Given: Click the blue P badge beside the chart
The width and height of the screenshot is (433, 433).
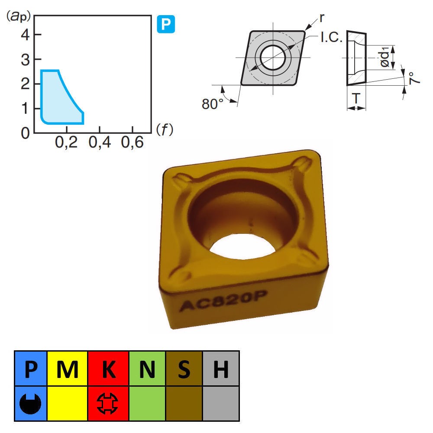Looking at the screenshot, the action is pos(166,24).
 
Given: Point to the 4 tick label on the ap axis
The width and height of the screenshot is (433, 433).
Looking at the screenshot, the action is pos(26,35).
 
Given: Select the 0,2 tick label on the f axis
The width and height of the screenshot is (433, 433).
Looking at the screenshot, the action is pos(66,142).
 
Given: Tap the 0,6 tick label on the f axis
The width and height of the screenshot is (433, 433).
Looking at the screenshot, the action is pos(132,142).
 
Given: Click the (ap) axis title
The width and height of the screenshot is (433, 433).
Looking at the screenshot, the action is pos(18,16).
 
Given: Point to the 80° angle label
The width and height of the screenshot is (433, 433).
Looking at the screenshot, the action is pos(212,104).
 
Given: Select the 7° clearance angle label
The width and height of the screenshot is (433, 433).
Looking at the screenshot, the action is pos(414,78).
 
